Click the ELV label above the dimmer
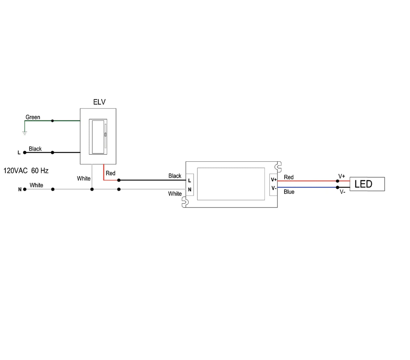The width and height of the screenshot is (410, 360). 99,102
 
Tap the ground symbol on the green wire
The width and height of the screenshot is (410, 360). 25,133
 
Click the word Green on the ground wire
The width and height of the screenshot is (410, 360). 33,117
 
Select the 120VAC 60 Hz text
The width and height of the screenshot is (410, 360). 26,171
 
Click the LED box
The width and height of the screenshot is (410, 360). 367,184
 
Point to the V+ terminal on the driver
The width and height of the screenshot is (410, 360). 273,180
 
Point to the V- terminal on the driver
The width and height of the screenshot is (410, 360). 273,189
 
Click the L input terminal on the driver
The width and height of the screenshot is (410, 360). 189,181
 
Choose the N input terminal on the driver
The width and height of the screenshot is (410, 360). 189,190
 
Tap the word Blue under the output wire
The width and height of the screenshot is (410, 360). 289,192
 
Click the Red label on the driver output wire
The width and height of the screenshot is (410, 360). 289,177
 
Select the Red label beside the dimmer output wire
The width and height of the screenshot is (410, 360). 110,173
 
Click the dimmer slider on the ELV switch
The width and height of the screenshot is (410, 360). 105,134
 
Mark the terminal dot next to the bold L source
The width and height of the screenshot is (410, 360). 25,152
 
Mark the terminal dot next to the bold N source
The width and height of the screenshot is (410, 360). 25,189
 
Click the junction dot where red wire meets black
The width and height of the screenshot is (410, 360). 119,180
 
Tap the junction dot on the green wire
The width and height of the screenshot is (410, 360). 53,121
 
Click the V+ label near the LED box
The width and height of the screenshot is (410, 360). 342,176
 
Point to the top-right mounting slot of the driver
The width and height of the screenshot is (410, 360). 279,167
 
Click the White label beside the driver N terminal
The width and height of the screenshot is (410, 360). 175,194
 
